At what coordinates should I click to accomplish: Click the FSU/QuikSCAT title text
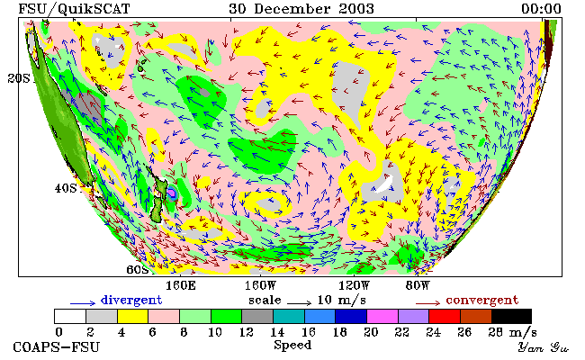tap(74, 9)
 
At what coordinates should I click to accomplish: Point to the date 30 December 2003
tap(301, 9)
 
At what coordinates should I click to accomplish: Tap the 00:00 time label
tap(541, 9)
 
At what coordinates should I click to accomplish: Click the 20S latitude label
tap(19, 78)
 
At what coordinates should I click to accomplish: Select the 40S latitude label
tap(66, 188)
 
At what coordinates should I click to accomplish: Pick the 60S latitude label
tap(138, 269)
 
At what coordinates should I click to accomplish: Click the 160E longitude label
tap(181, 286)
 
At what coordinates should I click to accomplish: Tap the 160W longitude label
tap(260, 286)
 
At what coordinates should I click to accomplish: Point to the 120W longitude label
tap(354, 286)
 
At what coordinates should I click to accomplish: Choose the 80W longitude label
tap(418, 286)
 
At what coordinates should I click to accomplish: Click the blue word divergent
tap(131, 300)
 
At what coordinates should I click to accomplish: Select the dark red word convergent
tap(482, 301)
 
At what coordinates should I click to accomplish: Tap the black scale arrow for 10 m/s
tap(299, 303)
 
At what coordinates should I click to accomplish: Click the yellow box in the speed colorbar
tap(133, 317)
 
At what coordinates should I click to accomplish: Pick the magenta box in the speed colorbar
tap(382, 317)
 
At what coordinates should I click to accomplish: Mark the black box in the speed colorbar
tap(511, 317)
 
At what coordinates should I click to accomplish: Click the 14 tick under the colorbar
tap(277, 332)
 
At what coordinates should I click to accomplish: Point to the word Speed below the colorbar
tap(292, 345)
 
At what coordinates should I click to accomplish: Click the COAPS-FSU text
tap(57, 346)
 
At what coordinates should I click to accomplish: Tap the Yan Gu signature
tap(543, 347)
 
